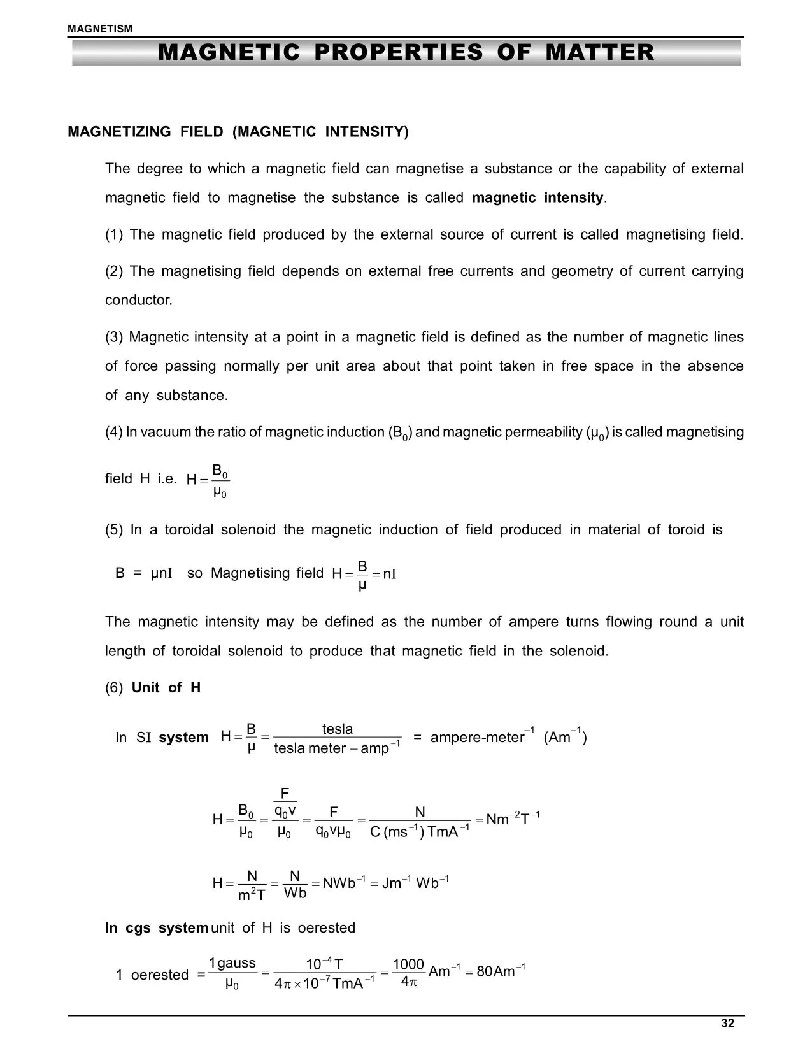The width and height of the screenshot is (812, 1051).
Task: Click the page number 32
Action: pyautogui.click(x=727, y=1023)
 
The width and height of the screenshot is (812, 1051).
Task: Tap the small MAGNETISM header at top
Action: pyautogui.click(x=100, y=29)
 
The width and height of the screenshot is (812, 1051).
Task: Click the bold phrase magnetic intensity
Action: pyautogui.click(x=538, y=197)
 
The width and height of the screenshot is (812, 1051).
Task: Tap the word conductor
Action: pyautogui.click(x=138, y=300)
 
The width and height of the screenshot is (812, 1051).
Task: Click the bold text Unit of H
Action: pyautogui.click(x=166, y=687)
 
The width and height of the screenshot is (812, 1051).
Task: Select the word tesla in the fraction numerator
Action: pyautogui.click(x=337, y=729)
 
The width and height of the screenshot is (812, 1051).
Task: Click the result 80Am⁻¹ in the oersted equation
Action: pyautogui.click(x=501, y=971)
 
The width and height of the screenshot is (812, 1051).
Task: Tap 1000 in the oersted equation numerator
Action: pyautogui.click(x=408, y=964)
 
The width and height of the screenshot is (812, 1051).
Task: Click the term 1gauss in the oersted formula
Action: pyautogui.click(x=232, y=963)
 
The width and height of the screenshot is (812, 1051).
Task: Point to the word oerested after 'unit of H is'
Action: pyautogui.click(x=326, y=927)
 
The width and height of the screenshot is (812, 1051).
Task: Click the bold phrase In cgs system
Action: pyautogui.click(x=156, y=927)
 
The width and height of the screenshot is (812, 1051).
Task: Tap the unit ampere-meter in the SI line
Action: pyautogui.click(x=476, y=738)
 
